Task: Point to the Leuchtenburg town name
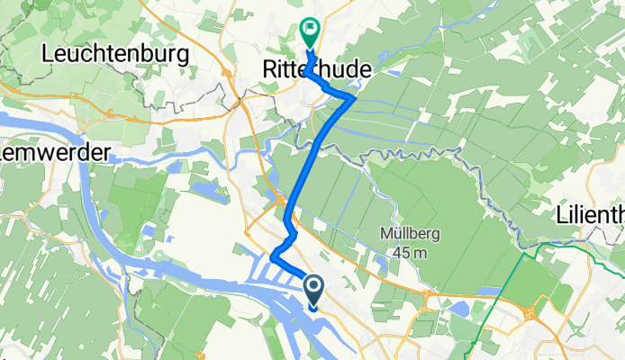click(115, 54)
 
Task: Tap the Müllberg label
click(409, 234)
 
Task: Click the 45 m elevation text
click(409, 253)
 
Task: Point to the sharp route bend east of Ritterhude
click(352, 96)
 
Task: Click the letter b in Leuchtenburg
click(144, 54)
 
